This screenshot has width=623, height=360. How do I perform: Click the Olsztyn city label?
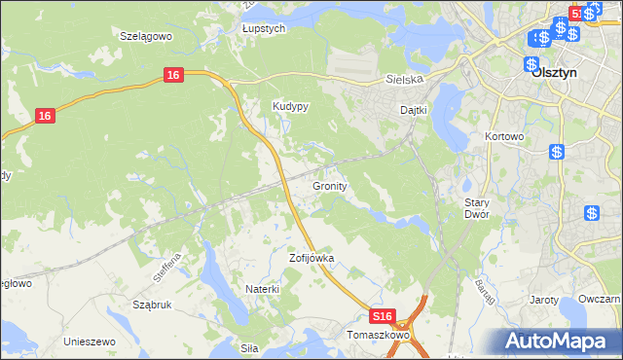tap(557, 72)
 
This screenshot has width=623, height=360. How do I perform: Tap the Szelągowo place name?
tap(145, 35)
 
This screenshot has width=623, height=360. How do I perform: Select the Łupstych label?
tap(264, 29)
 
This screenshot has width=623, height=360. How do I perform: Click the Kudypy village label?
tap(290, 107)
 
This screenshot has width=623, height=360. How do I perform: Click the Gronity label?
tap(331, 185)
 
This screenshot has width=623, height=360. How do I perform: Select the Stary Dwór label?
tap(476, 207)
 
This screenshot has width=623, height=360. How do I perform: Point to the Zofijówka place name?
tap(311, 259)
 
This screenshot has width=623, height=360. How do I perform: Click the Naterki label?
tap(262, 289)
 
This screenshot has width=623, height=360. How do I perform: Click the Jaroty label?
tap(543, 300)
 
